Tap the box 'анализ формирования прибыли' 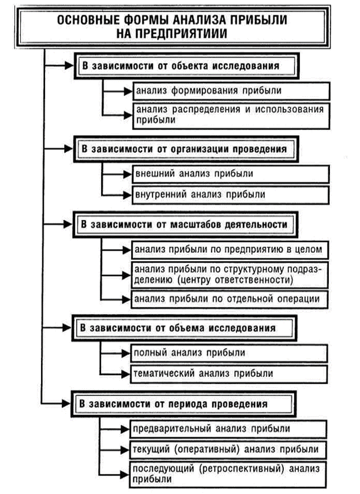click(231, 91)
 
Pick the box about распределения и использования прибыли click(231, 115)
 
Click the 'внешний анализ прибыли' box click(231, 173)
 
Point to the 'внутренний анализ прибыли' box click(231, 194)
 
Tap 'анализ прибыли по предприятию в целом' click(231, 249)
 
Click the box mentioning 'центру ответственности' click(231, 275)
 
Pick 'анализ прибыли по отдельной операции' click(231, 299)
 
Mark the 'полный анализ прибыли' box click(231, 353)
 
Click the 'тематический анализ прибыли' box click(231, 373)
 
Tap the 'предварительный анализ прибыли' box click(231, 429)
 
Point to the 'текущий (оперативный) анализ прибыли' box click(231, 449)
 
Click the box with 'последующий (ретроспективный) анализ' click(231, 473)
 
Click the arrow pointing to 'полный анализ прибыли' click(118, 353)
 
